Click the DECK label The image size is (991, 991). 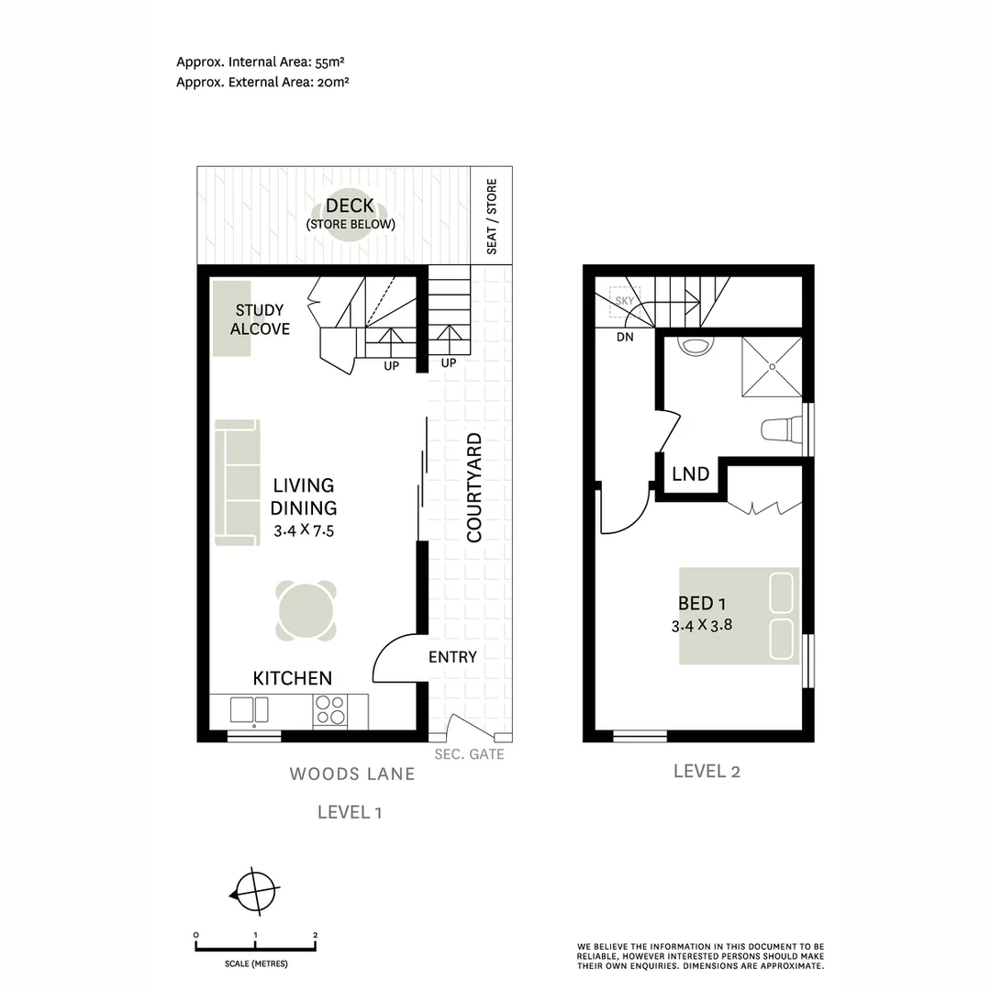(350, 206)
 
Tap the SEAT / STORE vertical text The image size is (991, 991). (492, 217)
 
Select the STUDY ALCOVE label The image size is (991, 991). (260, 319)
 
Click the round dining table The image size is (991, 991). (306, 611)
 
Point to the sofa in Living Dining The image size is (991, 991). (237, 482)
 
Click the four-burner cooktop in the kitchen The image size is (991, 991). (329, 710)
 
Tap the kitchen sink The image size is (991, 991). (249, 710)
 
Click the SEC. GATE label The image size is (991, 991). (470, 755)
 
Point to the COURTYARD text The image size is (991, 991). (474, 488)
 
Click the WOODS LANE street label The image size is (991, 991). (352, 774)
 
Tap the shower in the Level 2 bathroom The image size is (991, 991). (771, 366)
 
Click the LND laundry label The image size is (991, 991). (690, 474)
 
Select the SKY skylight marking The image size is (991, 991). (625, 301)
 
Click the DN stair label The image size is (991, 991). (625, 338)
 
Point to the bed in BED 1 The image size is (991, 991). (739, 616)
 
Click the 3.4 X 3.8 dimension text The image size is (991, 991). (702, 627)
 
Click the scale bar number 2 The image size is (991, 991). (315, 936)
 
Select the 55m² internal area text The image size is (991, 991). (328, 62)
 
